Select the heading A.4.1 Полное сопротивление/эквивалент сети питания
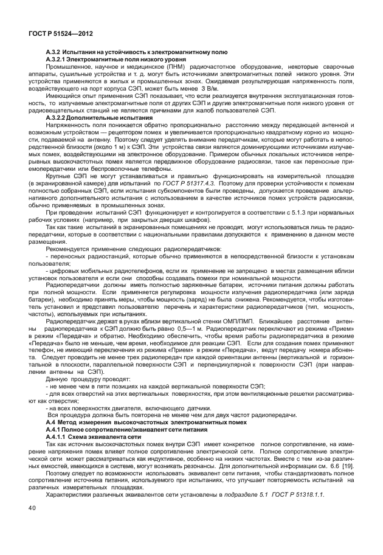pyautogui.click(x=121, y=429)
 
